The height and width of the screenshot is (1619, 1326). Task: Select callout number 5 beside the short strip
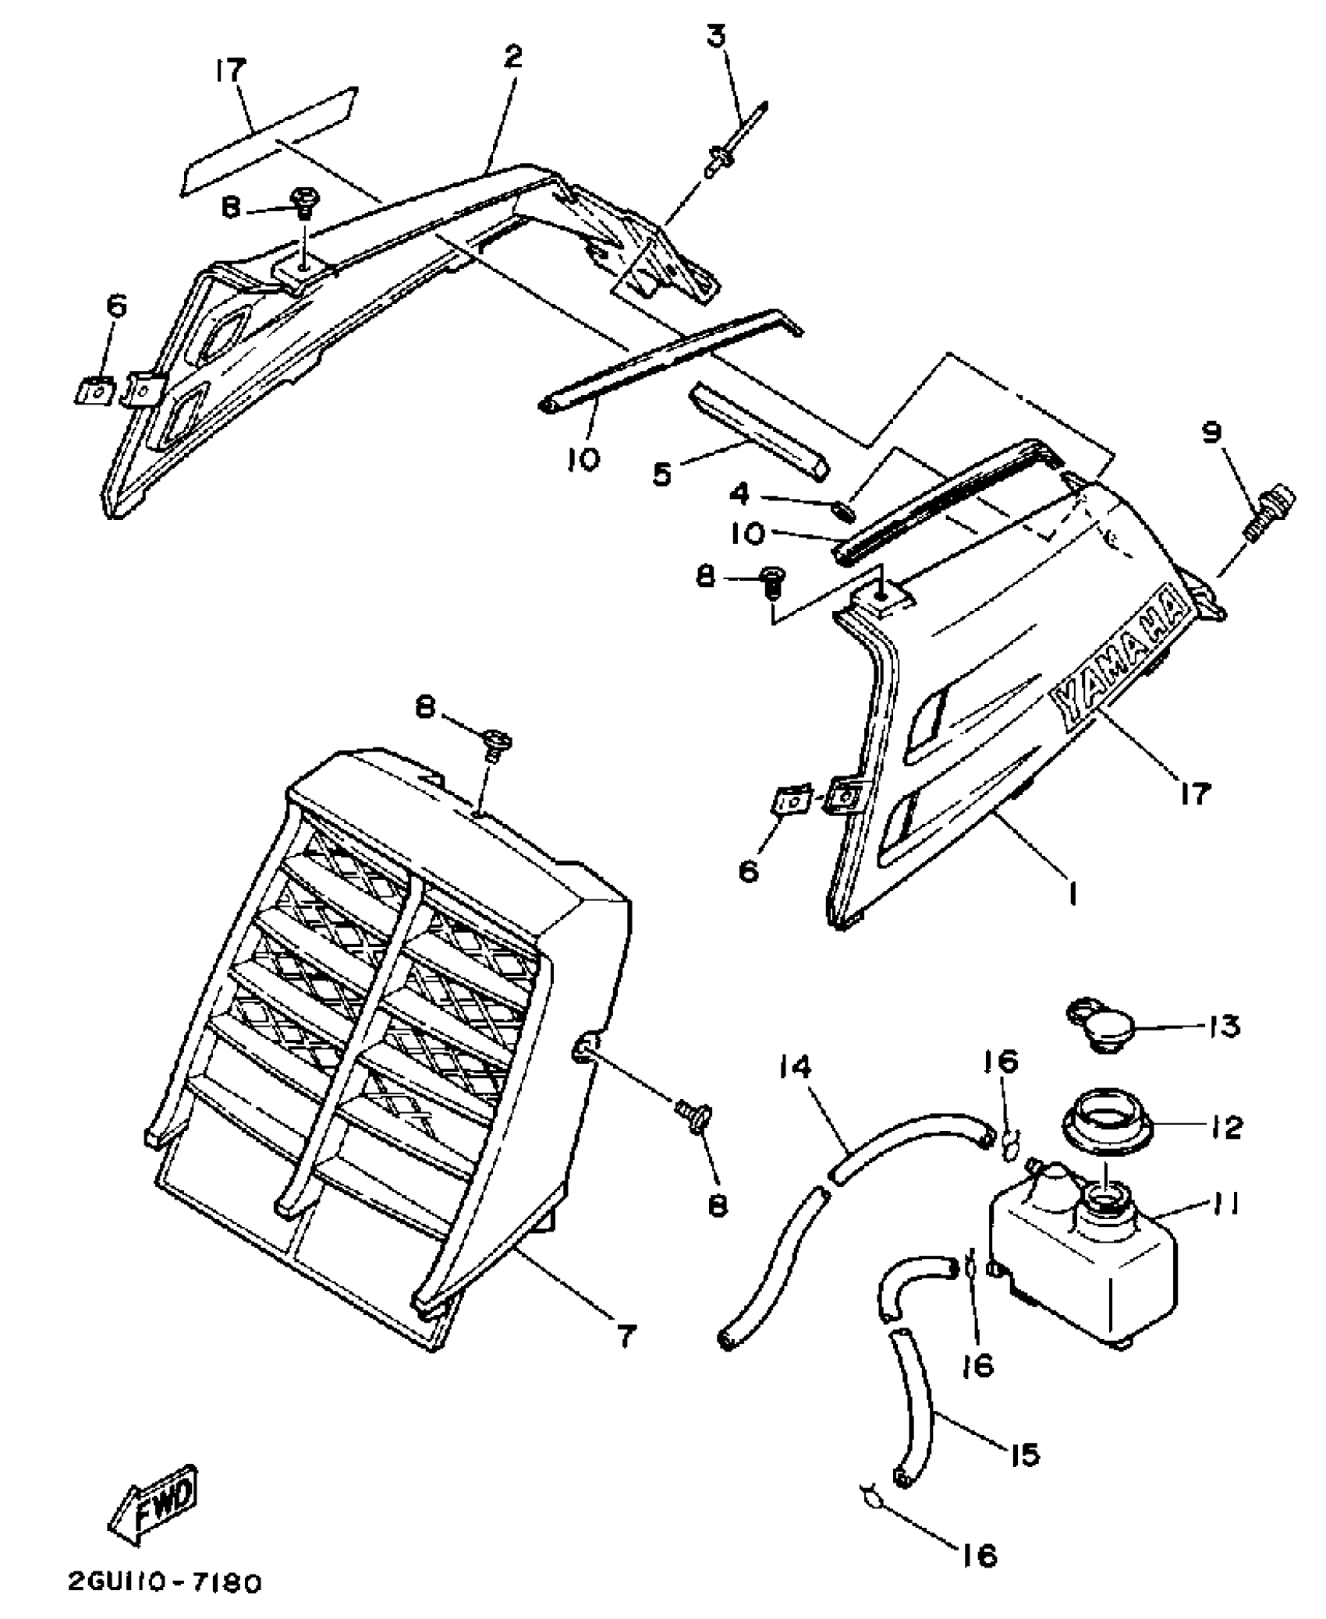[x=662, y=475]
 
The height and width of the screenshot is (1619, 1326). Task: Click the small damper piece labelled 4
[x=845, y=511]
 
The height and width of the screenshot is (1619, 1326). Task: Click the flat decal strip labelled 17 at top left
[x=269, y=140]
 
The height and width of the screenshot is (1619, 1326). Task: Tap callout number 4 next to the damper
[x=740, y=493]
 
